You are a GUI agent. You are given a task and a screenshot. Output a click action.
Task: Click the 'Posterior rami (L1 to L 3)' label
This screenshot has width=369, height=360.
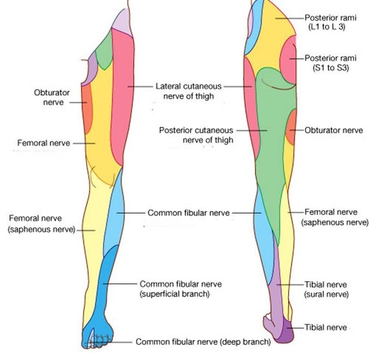coord(326,22)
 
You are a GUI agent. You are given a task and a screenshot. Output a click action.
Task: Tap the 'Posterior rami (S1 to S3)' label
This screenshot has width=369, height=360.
coord(326,63)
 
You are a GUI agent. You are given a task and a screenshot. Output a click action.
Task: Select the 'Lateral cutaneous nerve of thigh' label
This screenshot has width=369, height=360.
coord(188,91)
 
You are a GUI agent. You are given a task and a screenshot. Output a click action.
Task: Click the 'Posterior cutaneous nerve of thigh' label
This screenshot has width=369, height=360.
coord(196,135)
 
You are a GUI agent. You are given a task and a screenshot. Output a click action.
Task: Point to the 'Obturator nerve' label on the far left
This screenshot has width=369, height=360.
coord(51,98)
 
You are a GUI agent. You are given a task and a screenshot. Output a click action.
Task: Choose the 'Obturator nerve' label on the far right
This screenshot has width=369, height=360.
coord(334,131)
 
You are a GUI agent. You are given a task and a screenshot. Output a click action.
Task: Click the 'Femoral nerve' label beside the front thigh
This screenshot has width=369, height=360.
coord(44,143)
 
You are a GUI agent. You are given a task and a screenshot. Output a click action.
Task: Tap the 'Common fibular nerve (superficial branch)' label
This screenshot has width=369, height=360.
coord(181,289)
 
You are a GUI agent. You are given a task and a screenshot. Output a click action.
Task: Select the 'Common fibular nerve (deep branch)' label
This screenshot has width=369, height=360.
coord(203,342)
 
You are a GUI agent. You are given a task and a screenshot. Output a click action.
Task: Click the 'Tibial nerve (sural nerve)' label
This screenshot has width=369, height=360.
coord(325,289)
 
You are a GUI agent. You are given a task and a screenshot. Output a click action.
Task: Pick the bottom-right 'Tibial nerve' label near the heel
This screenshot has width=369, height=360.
coord(325,327)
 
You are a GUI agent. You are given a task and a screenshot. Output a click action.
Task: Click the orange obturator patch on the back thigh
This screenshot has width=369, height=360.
coord(291,127)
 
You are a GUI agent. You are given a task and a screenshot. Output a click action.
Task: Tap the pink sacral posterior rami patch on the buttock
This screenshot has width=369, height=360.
coord(290,62)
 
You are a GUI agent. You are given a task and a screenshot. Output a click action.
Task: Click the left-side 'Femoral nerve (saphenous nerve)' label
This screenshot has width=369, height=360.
coord(41,224)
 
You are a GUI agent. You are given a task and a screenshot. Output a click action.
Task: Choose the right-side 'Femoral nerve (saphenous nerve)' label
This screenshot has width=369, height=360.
coord(335,217)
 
